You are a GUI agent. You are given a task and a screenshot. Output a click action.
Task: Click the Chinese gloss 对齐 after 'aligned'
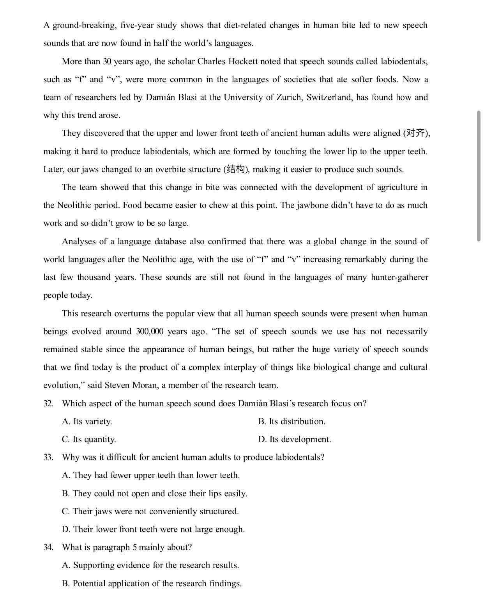[415, 133]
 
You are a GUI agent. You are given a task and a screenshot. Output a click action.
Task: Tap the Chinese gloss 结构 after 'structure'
[236, 169]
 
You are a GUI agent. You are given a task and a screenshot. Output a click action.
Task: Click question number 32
[48, 404]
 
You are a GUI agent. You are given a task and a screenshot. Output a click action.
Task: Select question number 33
[48, 457]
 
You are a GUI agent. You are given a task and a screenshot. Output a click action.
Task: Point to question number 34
[48, 547]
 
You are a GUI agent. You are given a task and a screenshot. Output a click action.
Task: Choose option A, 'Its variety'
[87, 422]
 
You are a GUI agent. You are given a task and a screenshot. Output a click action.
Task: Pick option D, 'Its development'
[295, 439]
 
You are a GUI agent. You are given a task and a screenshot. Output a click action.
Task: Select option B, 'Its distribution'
[292, 422]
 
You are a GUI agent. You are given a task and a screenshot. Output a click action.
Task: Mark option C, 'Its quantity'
[89, 439]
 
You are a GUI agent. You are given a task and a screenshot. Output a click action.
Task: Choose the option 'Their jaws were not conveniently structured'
[150, 512]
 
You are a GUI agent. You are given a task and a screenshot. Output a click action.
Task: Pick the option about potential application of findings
[152, 584]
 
